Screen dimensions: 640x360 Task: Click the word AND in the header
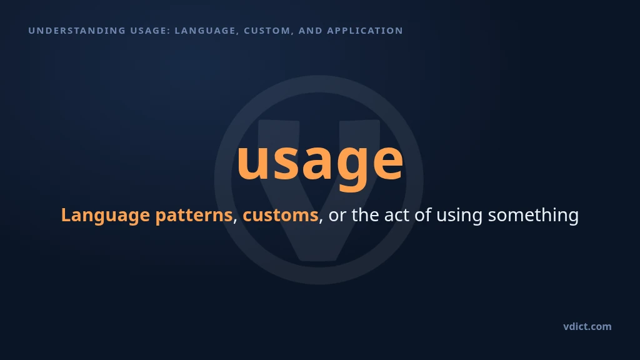tap(311, 31)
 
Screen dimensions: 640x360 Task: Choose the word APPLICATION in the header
tap(365, 31)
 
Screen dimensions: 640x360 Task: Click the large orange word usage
tap(320, 162)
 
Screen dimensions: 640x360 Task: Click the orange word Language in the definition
tap(105, 216)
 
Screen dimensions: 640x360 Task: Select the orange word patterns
tap(194, 215)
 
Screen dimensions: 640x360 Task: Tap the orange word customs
tap(281, 215)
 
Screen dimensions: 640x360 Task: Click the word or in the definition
tap(337, 216)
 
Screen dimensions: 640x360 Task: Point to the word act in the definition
tap(397, 215)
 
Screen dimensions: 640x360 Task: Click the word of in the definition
tap(423, 215)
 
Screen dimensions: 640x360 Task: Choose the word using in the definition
tap(459, 216)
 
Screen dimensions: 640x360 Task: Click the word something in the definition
tap(534, 216)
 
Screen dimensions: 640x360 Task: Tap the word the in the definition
tap(365, 215)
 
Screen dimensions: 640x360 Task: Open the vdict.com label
tap(587, 326)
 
